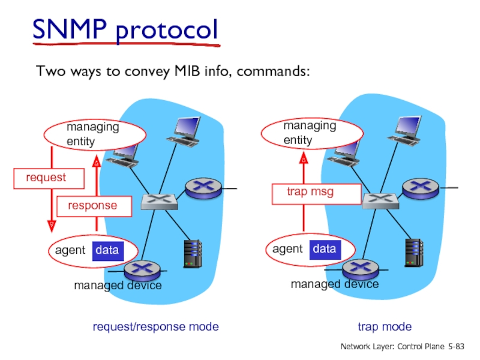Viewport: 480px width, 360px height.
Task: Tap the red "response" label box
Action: tap(94, 206)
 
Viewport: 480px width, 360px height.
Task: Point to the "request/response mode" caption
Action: tap(155, 327)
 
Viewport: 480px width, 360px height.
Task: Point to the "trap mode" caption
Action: tap(385, 327)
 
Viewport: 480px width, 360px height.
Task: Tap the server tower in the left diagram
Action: tap(192, 253)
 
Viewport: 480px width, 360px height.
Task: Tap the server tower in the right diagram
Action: tap(413, 253)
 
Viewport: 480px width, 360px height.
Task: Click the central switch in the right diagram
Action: tap(380, 200)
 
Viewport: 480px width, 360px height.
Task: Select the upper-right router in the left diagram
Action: tap(202, 188)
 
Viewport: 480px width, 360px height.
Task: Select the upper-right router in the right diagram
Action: tap(419, 188)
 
